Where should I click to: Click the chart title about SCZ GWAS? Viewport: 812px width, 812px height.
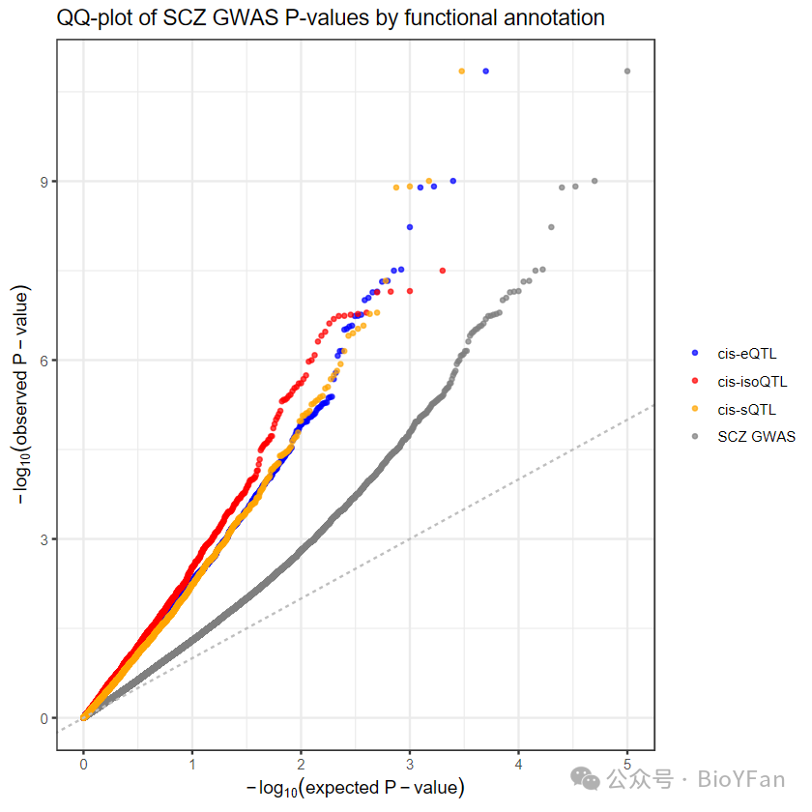[331, 18]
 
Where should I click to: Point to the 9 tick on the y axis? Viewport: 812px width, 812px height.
[44, 182]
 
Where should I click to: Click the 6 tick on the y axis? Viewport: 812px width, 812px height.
[44, 361]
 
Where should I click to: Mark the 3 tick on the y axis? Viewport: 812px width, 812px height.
[44, 539]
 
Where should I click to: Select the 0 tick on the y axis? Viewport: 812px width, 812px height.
[44, 719]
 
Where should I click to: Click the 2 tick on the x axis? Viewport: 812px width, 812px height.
[301, 765]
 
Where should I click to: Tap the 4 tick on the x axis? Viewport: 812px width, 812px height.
[518, 765]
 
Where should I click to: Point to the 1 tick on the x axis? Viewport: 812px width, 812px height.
[192, 765]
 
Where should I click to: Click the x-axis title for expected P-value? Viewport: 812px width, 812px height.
[356, 788]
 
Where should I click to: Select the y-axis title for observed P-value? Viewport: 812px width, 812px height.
[21, 394]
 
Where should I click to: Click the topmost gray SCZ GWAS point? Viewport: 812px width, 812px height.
[627, 71]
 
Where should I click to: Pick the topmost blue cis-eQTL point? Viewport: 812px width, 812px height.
[485, 71]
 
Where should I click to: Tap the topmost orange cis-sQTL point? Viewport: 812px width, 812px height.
[462, 71]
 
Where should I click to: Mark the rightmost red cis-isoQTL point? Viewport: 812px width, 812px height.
[443, 271]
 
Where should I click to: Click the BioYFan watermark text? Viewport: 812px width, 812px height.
[741, 779]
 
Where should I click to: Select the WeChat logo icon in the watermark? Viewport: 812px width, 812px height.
[585, 779]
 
